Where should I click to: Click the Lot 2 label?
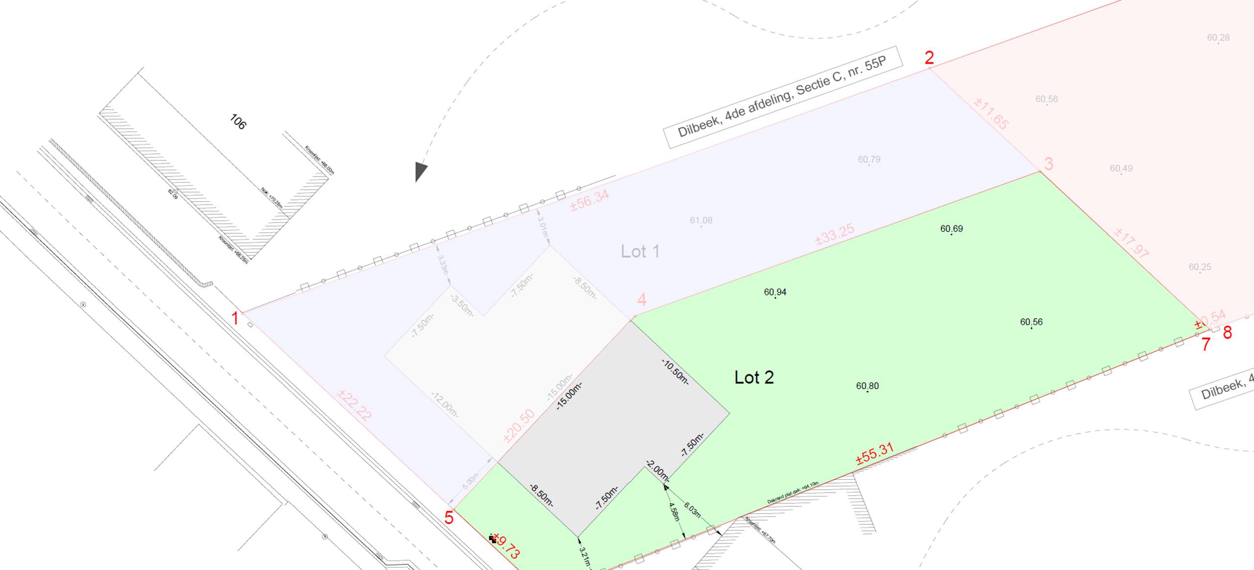pos(754,377)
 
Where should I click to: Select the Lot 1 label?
pos(640,251)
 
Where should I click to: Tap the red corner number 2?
pos(929,58)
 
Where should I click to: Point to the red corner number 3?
pos(1048,164)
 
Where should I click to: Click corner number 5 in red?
pos(449,518)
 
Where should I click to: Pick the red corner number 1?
pos(235,319)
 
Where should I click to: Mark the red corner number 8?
pos(1227,333)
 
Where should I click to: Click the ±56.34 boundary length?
pos(590,199)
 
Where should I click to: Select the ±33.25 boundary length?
pos(835,234)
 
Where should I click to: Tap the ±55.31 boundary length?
pos(875,453)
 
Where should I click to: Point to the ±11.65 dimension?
pos(991,114)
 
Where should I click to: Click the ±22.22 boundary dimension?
pos(355,405)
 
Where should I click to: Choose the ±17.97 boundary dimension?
pos(1132,243)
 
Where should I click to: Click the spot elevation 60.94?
pos(775,292)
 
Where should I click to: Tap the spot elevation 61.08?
pos(701,221)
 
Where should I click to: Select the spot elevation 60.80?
pos(867,386)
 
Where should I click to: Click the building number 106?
pos(238,122)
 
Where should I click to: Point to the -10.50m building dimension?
pos(675,372)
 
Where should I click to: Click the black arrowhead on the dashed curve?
pos(420,171)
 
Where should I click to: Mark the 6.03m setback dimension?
pos(692,510)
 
